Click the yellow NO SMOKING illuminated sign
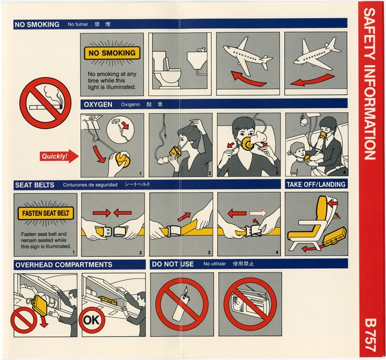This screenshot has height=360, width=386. point(112,53)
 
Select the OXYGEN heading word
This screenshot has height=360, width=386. point(97,104)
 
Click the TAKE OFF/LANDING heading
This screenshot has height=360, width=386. point(315,184)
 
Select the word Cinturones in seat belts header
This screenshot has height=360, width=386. point(79,185)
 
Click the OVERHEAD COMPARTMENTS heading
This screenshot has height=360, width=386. point(64,264)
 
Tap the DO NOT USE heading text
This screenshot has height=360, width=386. point(173,264)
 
